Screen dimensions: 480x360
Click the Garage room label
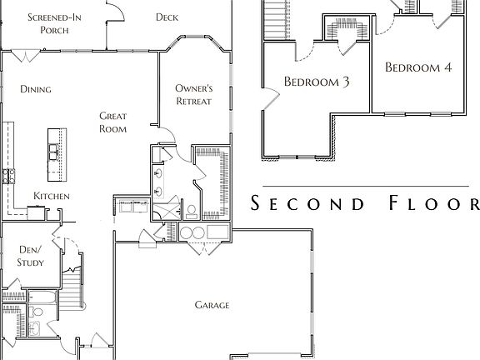(x=212, y=305)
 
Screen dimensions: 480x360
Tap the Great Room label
(x=113, y=122)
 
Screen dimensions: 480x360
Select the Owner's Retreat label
(x=194, y=95)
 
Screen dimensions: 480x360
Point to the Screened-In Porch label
(x=54, y=23)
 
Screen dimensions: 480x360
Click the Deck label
(x=167, y=17)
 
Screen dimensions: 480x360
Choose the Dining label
(x=36, y=89)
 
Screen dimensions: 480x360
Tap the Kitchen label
(x=52, y=196)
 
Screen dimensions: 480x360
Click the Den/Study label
(x=30, y=256)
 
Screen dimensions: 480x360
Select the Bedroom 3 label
(x=317, y=82)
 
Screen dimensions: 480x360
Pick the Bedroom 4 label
(x=418, y=67)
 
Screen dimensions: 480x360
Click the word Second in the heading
(x=307, y=203)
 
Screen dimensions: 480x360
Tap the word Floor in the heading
(x=434, y=203)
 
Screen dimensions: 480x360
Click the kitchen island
(x=57, y=155)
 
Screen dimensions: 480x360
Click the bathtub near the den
(x=42, y=297)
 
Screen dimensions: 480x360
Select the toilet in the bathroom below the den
(x=36, y=312)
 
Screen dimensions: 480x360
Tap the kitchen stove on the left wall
(x=8, y=177)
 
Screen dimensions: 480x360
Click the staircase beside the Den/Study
(x=72, y=287)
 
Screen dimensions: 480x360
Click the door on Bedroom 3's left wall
(x=271, y=98)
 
